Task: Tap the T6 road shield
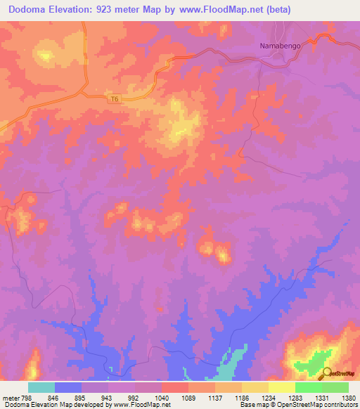point(115,100)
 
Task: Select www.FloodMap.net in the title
point(227,9)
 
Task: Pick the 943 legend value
point(108,397)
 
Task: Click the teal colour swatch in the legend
point(41,387)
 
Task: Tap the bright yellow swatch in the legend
point(281,387)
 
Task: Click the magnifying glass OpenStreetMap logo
point(326,372)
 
